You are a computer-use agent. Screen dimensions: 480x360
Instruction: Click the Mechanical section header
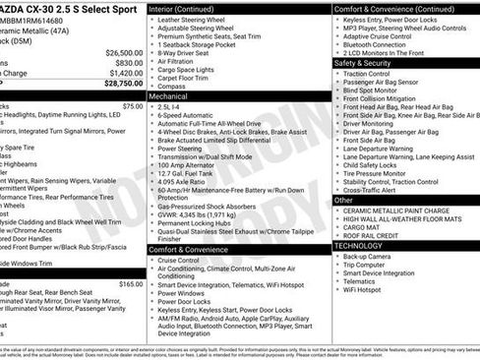click(169, 97)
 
